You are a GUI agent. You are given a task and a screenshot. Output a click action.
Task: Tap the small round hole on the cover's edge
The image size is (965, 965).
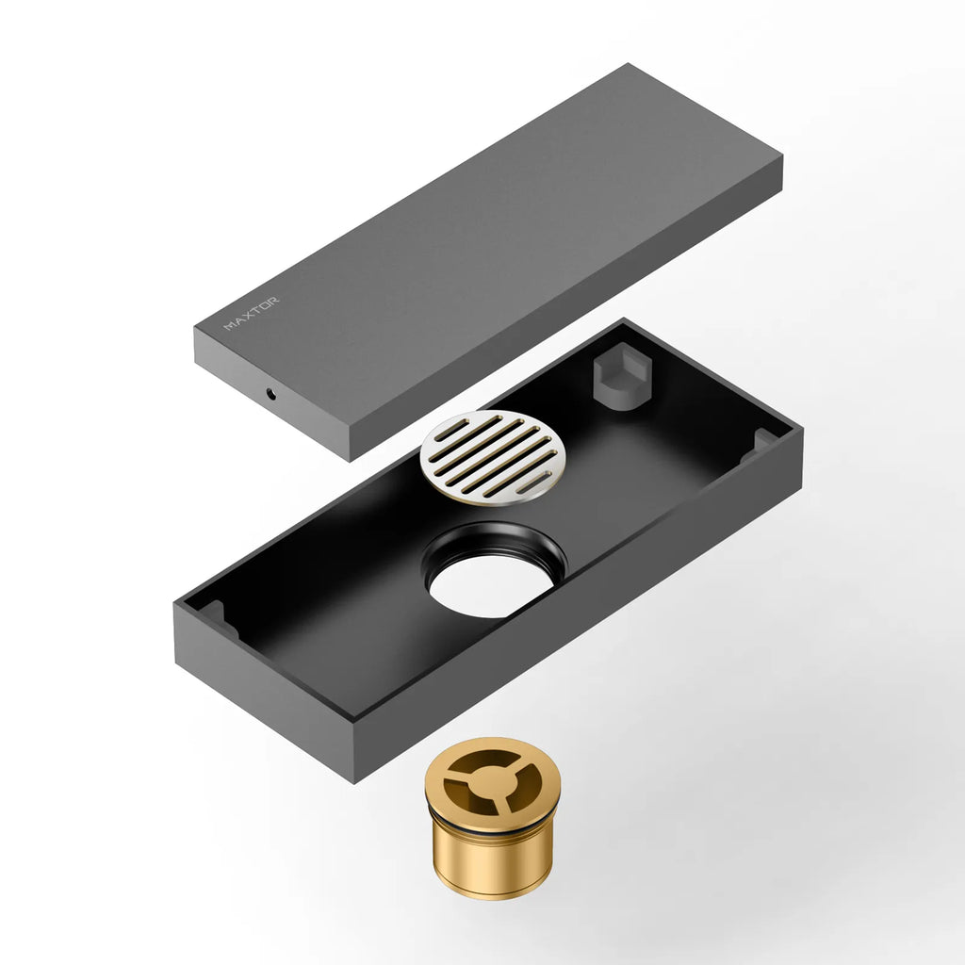(272, 393)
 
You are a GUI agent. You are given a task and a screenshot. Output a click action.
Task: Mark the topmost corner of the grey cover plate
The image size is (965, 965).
(627, 65)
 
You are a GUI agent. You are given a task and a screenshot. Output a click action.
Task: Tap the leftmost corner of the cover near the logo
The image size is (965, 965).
(196, 329)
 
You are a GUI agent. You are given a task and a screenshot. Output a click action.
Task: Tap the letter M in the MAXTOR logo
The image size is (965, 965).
(228, 327)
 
